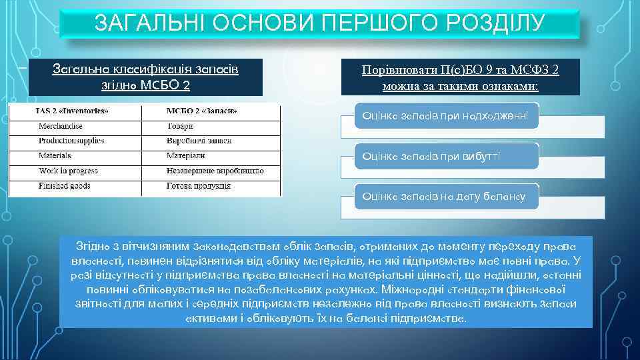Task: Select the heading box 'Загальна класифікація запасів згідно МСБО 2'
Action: [x=145, y=77]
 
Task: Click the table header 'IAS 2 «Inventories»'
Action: [x=71, y=111]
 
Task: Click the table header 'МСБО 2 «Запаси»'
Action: [x=201, y=111]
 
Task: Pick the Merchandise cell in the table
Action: [x=61, y=125]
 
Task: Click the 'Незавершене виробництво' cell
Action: [x=215, y=171]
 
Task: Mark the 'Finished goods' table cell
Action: [x=64, y=185]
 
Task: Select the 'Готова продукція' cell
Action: [x=199, y=185]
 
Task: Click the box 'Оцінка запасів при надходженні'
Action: [x=445, y=116]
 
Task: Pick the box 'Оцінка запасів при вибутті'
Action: [x=431, y=156]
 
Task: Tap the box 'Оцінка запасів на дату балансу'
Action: [x=443, y=196]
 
